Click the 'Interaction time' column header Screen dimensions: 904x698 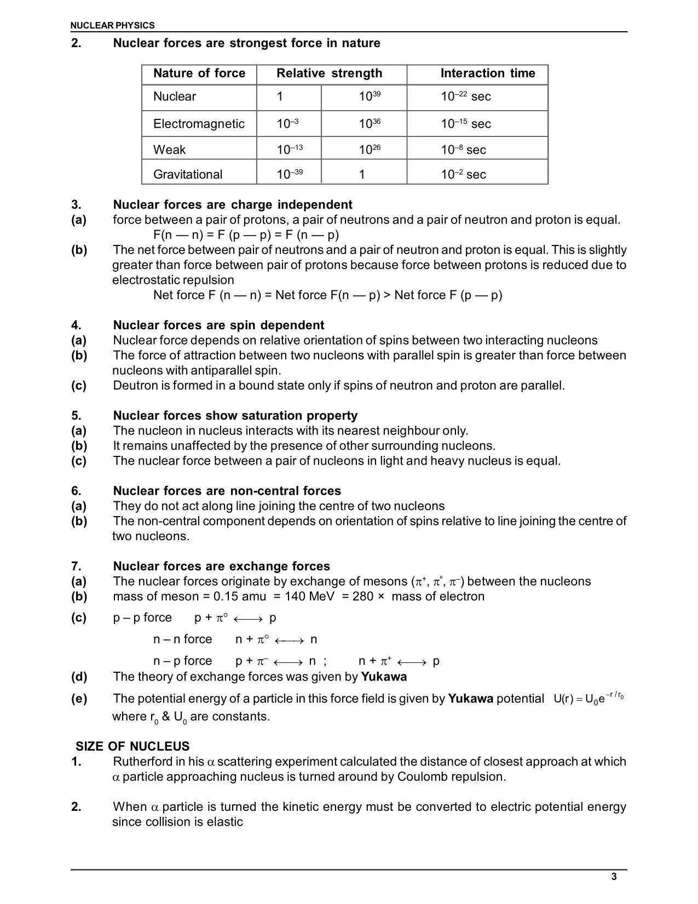(487, 73)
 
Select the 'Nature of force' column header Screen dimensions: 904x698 (199, 73)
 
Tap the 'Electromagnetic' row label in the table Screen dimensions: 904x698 (199, 124)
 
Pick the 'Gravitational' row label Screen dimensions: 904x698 (188, 174)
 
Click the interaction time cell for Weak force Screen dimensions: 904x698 (463, 150)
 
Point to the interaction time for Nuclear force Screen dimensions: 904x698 (465, 96)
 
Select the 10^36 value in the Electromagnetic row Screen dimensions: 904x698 (369, 124)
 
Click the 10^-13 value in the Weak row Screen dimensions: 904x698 (290, 150)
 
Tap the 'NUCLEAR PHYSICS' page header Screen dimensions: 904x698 (113, 25)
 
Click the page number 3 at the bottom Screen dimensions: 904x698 (614, 877)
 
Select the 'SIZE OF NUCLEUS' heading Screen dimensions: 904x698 (132, 746)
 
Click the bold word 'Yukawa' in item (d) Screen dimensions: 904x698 (384, 677)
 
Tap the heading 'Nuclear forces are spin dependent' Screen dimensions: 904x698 (218, 325)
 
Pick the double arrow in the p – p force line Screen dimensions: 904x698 (248, 619)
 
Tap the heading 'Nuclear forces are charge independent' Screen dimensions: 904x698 (233, 205)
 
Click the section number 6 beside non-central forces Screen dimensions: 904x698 (76, 491)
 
